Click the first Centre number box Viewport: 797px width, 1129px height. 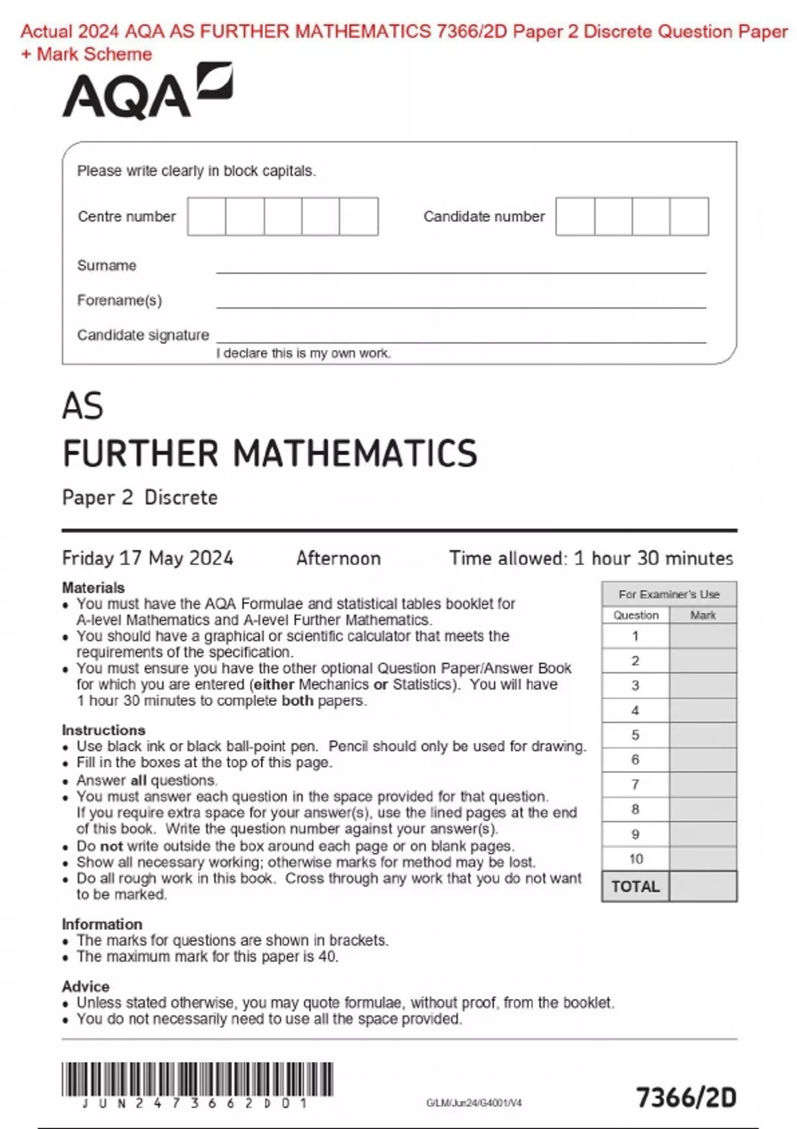click(207, 217)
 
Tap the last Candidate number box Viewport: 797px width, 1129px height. click(689, 217)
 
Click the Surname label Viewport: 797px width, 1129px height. click(107, 266)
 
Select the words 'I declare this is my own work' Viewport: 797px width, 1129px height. click(304, 353)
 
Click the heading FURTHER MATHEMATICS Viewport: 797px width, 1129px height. click(270, 454)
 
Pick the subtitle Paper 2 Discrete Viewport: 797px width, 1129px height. click(139, 497)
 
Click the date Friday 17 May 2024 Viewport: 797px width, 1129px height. click(147, 558)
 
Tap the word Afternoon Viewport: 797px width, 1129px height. click(339, 558)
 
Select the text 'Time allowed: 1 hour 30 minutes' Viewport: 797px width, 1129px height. click(591, 558)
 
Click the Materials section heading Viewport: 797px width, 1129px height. click(93, 588)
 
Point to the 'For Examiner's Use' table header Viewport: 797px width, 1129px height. click(669, 594)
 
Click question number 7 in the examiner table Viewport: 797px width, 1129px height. click(636, 784)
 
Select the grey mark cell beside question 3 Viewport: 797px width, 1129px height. click(703, 685)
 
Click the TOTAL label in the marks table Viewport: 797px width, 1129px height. click(636, 887)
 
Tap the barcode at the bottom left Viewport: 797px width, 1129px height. click(197, 1079)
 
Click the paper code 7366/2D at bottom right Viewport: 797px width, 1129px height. click(686, 1097)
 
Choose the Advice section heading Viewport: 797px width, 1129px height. click(86, 986)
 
